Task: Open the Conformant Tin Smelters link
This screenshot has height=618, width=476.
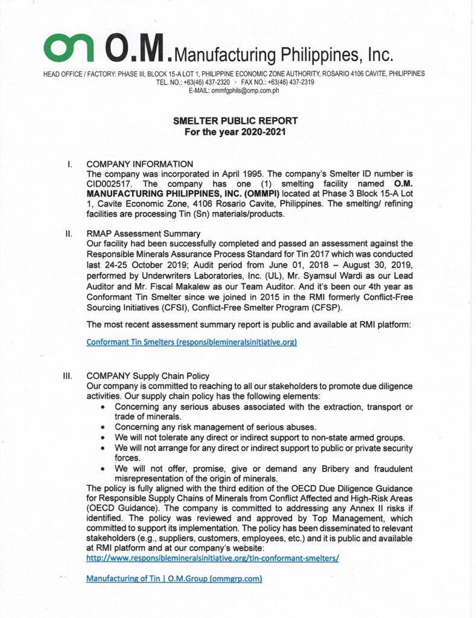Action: tap(191, 342)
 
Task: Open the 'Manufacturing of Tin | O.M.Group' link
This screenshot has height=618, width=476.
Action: tap(174, 578)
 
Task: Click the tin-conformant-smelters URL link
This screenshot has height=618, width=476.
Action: tap(212, 558)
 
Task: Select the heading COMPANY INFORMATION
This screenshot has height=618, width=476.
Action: tap(140, 164)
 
